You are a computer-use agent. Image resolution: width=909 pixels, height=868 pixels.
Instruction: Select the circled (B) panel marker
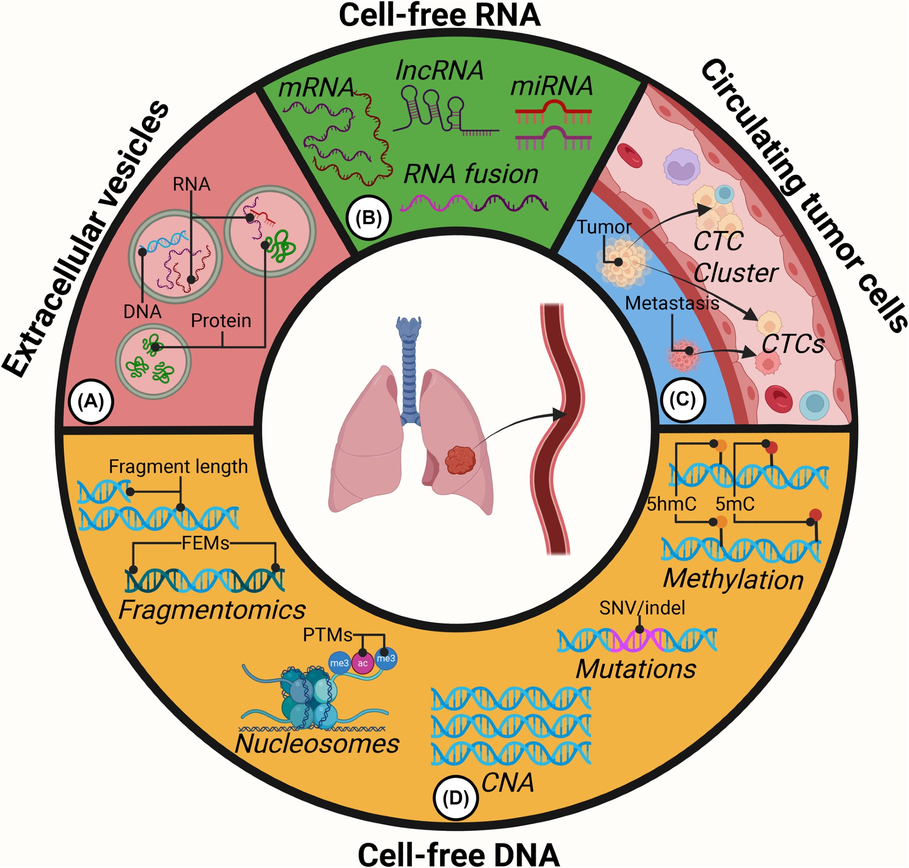[369, 217]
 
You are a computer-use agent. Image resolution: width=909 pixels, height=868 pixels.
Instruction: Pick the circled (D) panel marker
[455, 798]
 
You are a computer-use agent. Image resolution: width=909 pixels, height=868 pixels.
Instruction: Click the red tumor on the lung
[460, 460]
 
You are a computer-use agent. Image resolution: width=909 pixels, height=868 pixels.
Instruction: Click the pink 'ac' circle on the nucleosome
[362, 663]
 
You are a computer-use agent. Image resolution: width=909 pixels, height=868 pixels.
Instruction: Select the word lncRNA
[439, 71]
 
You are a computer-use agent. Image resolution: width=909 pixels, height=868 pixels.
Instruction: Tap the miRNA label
[551, 85]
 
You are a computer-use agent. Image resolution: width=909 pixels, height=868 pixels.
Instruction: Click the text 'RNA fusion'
[471, 175]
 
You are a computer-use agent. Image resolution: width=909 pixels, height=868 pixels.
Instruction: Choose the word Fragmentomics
[212, 610]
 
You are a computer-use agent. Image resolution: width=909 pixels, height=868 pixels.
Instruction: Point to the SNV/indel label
[641, 608]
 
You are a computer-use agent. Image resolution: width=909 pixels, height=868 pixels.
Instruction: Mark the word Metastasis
[672, 303]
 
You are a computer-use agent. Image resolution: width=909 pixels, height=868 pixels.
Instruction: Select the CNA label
[508, 783]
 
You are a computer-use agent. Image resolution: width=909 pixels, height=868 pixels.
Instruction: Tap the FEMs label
[205, 543]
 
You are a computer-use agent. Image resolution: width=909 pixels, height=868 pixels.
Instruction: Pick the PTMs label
[327, 635]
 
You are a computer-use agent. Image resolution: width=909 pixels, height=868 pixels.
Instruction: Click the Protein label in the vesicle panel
[221, 321]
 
